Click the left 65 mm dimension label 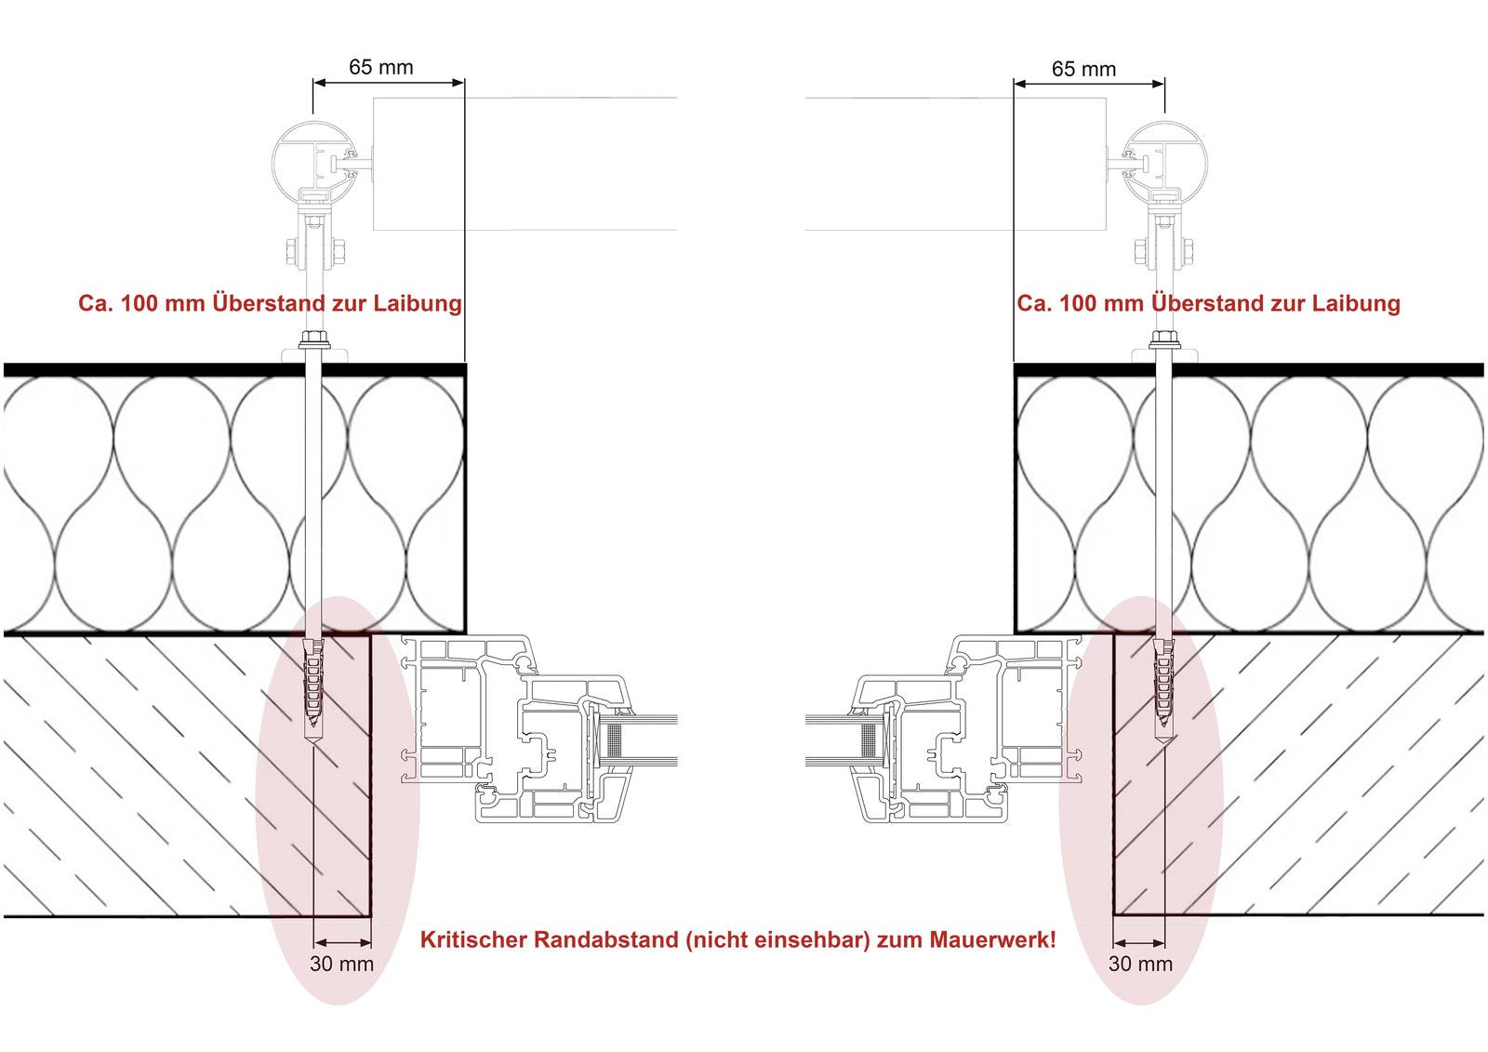[x=380, y=67]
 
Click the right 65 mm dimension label [x=1083, y=69]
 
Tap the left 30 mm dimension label [x=342, y=964]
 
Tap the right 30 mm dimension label [x=1140, y=964]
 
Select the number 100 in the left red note [x=139, y=304]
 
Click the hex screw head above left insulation [x=312, y=340]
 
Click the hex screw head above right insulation [x=1162, y=340]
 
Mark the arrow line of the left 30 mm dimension [x=342, y=942]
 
